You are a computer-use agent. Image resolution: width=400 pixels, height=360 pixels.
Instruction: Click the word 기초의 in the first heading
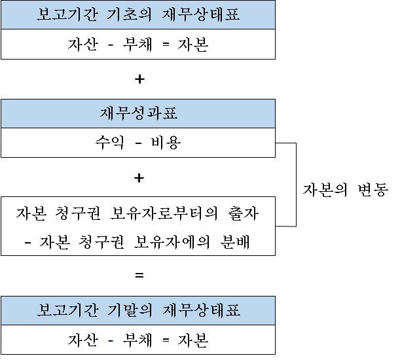point(129,14)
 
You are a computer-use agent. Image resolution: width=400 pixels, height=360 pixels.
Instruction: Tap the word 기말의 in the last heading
point(130,310)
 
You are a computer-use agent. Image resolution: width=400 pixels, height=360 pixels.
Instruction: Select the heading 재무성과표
point(139,113)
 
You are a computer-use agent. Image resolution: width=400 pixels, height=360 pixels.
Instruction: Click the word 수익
point(110,143)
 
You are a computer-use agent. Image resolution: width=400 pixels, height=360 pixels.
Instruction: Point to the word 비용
point(166,143)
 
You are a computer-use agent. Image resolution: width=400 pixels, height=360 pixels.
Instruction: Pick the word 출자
point(244,213)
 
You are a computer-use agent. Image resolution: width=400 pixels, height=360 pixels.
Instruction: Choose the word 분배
point(235,242)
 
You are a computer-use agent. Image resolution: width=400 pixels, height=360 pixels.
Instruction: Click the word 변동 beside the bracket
point(373,190)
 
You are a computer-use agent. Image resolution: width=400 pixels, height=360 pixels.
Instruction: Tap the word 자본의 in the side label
point(325,190)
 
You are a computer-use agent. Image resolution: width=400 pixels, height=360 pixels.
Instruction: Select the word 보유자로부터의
point(164,213)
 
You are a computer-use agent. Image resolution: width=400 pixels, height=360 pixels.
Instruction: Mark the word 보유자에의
point(172,242)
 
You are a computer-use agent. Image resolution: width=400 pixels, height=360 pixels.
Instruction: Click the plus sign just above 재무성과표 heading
point(139,79)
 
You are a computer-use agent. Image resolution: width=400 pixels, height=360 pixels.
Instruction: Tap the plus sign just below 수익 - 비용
point(139,178)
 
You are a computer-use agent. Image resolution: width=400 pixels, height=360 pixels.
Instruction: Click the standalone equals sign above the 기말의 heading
point(139,275)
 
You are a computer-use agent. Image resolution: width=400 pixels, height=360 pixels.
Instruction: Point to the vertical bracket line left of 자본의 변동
point(296,185)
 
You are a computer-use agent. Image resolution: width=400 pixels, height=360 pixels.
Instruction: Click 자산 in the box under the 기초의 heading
point(83,45)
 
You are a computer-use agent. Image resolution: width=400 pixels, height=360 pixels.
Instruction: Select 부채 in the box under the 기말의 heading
point(137,340)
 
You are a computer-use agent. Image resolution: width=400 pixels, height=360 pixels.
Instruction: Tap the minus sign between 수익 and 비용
point(138,143)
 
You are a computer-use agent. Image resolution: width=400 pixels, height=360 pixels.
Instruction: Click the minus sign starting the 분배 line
point(27,243)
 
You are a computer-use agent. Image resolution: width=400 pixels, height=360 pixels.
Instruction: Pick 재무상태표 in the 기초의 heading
point(201,14)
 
